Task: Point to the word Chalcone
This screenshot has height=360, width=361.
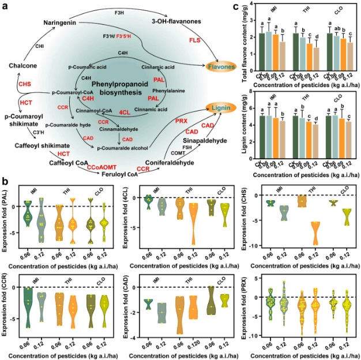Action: coord(24,66)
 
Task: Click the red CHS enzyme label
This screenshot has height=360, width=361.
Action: coord(25,84)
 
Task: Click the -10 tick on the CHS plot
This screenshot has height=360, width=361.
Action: coord(256,247)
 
